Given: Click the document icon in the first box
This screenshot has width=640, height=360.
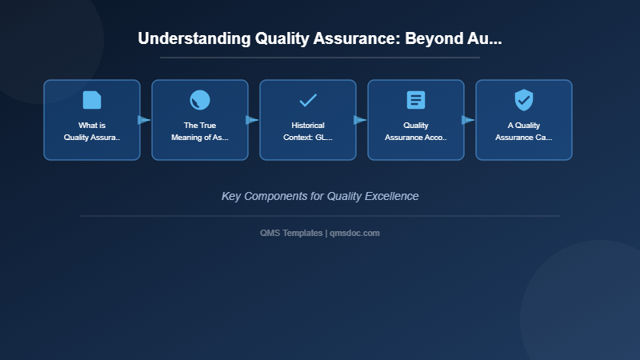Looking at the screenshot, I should (x=92, y=100).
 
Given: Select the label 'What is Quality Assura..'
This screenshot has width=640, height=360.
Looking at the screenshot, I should (x=92, y=131).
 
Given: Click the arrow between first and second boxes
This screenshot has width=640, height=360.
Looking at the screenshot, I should (x=145, y=120).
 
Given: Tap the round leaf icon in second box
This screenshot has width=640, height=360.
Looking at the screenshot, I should (x=200, y=100).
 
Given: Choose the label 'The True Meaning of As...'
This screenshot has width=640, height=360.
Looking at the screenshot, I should (x=200, y=131).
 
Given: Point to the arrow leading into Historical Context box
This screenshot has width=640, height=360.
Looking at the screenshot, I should (x=253, y=120).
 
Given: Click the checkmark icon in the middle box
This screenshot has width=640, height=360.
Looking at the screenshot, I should (x=308, y=100).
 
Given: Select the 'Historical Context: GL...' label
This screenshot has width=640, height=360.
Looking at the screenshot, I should (x=308, y=131).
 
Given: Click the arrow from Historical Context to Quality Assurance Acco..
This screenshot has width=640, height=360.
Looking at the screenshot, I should (x=361, y=120).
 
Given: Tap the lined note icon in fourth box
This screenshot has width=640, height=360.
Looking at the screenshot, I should (x=416, y=100).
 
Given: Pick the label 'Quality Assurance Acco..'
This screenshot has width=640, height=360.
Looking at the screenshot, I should (x=416, y=131).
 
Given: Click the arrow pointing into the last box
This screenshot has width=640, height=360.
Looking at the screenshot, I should (x=469, y=120).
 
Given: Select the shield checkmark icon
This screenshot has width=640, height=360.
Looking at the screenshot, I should (x=524, y=100).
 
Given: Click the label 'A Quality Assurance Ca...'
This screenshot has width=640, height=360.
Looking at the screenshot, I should (x=524, y=131).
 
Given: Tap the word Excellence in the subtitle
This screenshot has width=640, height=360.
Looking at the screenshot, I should (x=391, y=196).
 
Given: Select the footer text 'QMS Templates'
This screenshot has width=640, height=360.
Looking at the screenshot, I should (x=291, y=233).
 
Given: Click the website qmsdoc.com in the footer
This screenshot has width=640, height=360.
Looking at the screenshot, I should (x=354, y=233).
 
